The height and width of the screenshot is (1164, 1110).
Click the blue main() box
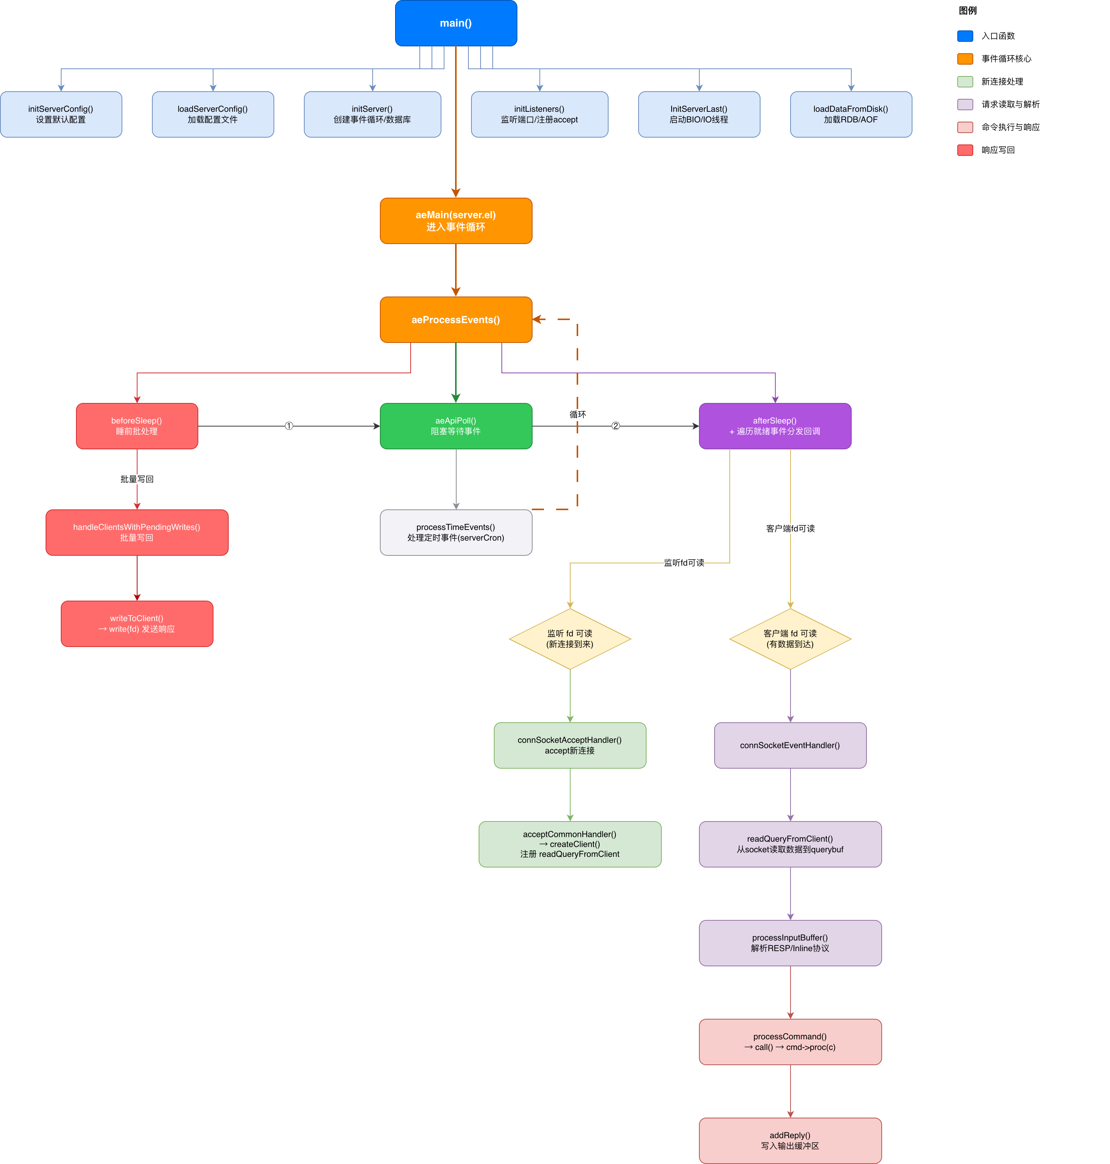click(455, 23)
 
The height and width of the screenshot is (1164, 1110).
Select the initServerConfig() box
click(61, 114)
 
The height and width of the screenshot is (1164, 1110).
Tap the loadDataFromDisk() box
click(851, 114)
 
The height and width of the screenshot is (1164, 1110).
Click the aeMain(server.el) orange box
click(455, 221)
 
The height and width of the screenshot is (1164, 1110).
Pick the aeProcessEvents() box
click(455, 320)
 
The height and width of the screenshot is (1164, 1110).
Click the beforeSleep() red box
click(137, 426)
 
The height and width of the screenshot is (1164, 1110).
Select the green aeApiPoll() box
click(455, 426)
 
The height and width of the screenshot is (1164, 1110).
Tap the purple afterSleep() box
click(775, 426)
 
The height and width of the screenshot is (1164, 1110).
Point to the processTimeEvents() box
click(455, 532)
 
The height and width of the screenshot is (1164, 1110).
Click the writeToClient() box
click(137, 623)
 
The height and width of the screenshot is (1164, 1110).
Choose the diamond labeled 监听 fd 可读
click(570, 639)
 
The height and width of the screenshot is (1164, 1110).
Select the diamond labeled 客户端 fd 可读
click(790, 639)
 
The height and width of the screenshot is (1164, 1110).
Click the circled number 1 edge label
click(289, 426)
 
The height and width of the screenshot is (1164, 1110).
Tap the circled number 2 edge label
click(615, 426)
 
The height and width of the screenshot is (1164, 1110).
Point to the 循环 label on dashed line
click(577, 414)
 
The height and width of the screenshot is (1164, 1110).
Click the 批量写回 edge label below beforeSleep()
click(137, 479)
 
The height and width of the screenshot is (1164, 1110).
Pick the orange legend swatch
click(965, 59)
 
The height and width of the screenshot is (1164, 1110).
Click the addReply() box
click(790, 1140)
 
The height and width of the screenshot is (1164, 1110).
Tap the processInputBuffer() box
click(790, 943)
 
